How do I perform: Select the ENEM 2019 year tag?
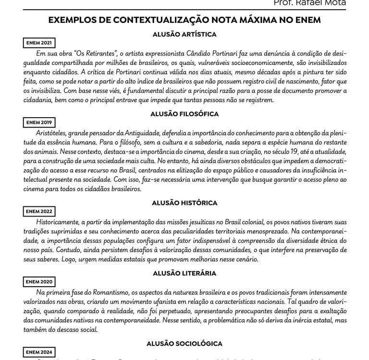[x=39, y=123]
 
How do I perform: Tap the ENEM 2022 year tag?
[x=39, y=212]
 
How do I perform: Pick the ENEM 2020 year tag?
[x=39, y=282]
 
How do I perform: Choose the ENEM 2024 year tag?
[x=39, y=352]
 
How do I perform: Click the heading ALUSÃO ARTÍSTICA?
[x=184, y=35]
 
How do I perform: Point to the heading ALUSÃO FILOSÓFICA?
[x=184, y=114]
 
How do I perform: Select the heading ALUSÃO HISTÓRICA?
[x=184, y=203]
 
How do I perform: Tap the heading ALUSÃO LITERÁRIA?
[x=184, y=273]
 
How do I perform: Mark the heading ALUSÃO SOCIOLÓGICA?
[x=184, y=344]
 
